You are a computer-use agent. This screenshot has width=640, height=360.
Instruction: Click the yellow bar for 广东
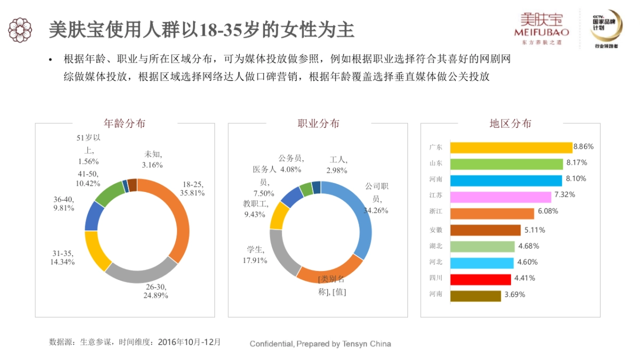click(511, 148)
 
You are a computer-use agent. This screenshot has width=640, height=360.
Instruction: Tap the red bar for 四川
click(481, 279)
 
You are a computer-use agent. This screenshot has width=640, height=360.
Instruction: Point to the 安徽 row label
click(436, 230)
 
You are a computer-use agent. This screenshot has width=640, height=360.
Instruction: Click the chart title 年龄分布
click(124, 124)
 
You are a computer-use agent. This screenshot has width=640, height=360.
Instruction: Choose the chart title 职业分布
click(318, 124)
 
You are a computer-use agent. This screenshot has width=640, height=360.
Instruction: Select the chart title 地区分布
click(510, 124)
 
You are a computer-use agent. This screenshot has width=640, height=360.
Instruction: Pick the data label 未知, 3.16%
click(152, 159)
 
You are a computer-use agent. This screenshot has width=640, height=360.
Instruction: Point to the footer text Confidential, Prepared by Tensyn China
click(320, 344)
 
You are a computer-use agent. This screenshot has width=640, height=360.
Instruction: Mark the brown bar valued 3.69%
click(475, 295)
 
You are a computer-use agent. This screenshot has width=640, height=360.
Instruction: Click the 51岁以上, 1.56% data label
click(88, 150)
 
